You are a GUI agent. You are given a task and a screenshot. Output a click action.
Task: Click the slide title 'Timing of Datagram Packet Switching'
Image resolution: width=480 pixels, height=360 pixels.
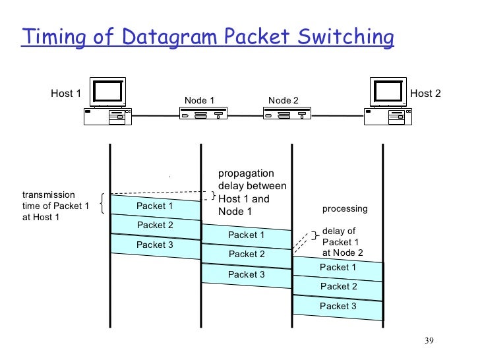click(208, 37)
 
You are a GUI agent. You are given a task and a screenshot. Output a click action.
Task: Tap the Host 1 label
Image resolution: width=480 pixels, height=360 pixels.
click(66, 94)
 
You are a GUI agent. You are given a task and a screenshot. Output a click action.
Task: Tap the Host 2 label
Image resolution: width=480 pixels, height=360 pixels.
click(425, 94)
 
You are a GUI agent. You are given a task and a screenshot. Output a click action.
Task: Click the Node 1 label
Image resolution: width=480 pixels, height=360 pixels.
click(199, 100)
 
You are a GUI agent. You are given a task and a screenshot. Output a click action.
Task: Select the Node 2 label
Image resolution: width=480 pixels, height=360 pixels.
click(284, 100)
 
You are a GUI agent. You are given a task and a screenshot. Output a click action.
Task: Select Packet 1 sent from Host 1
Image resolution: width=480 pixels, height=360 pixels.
click(154, 206)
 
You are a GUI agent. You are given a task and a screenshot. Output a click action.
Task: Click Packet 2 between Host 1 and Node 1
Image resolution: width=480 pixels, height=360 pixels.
click(154, 225)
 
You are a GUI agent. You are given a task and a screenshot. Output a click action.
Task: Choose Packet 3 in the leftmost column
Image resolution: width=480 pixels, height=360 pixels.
click(154, 245)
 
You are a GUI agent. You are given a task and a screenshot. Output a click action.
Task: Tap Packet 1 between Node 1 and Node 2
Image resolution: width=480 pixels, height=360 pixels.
click(246, 235)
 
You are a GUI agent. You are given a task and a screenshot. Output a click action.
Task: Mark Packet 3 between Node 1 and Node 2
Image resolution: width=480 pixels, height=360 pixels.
click(246, 274)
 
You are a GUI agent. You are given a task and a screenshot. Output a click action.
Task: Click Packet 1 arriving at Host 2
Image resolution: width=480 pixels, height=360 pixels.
click(338, 268)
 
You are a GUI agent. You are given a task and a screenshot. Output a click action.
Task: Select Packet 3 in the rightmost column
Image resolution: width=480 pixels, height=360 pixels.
click(338, 307)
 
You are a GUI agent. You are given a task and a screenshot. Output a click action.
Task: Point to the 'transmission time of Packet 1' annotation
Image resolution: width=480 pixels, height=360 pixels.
click(55, 206)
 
